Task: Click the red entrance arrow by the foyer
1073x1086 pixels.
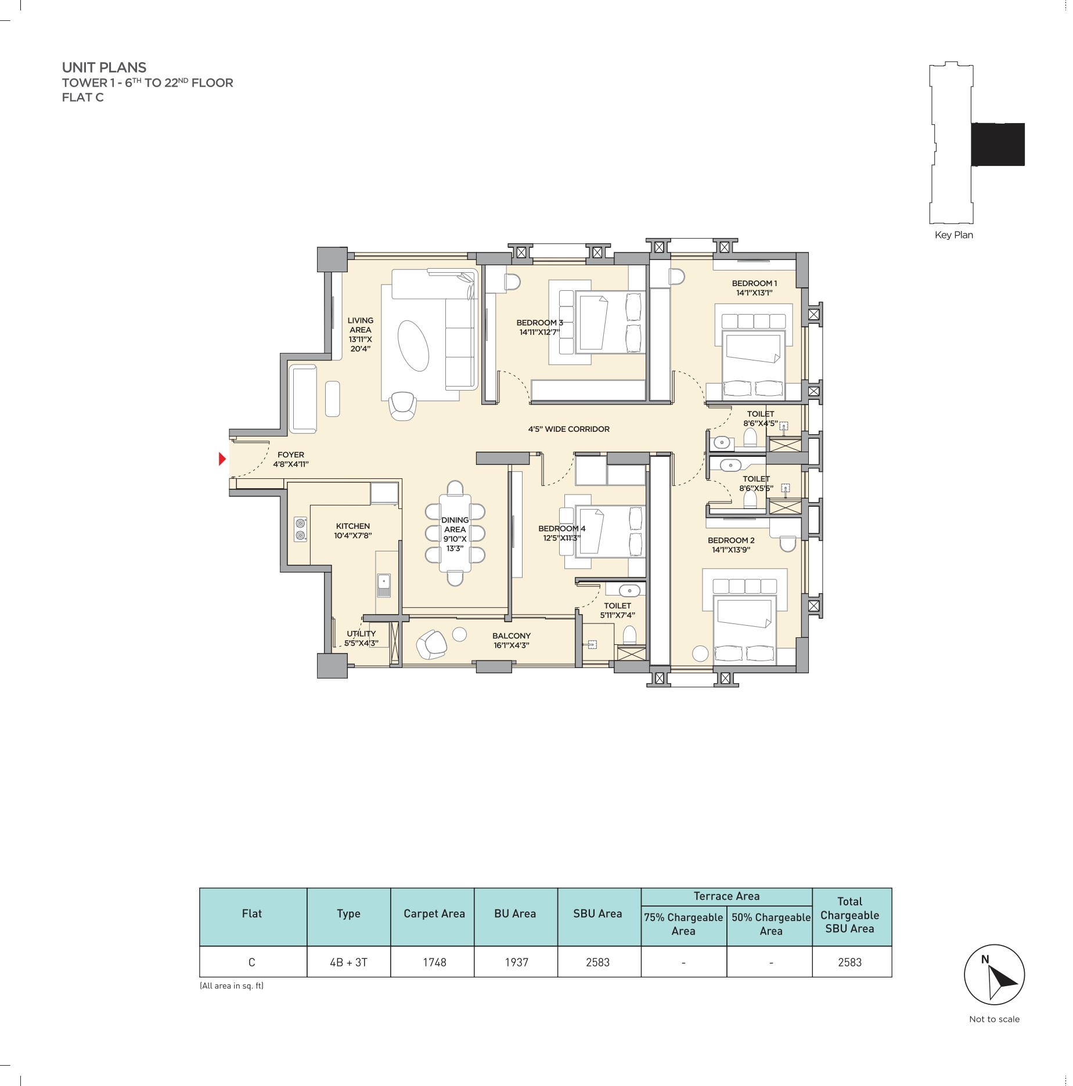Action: (x=222, y=459)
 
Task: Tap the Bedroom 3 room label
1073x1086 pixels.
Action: (x=539, y=327)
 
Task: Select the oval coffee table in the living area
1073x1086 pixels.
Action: (x=413, y=345)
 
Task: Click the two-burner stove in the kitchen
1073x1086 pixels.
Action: (x=300, y=529)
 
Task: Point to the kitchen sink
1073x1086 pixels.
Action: (x=383, y=585)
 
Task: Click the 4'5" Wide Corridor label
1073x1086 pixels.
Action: (x=568, y=429)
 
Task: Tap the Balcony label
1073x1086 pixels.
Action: (x=511, y=640)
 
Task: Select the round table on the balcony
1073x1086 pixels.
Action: (x=459, y=634)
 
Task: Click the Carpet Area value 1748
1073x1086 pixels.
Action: (x=434, y=962)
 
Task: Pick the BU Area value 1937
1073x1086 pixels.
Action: (x=516, y=962)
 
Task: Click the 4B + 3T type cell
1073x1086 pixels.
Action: (x=348, y=962)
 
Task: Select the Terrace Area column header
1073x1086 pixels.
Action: (x=726, y=896)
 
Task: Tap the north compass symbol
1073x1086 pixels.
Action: (x=994, y=975)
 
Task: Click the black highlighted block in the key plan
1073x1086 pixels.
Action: (x=998, y=144)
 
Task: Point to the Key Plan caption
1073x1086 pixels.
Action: (x=953, y=235)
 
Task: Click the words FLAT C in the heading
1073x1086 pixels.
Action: (x=83, y=98)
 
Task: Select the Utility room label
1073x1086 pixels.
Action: (x=361, y=638)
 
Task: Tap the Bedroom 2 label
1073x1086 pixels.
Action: (x=731, y=544)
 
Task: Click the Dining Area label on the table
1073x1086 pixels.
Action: (x=455, y=534)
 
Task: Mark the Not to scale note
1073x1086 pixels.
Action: (x=994, y=1019)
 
